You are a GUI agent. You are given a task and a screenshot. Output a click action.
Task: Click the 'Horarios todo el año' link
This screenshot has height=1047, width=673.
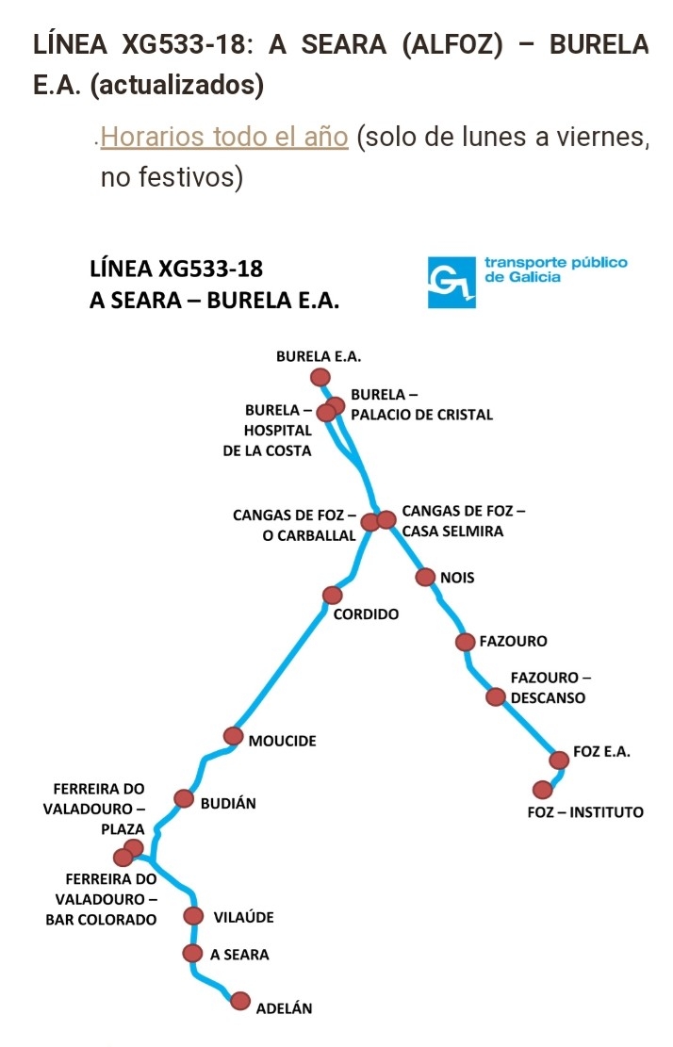click(224, 137)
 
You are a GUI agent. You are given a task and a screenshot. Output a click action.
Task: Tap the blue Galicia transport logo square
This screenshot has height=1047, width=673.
click(451, 282)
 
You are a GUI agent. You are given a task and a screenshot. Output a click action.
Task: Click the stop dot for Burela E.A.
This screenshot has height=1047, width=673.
click(320, 377)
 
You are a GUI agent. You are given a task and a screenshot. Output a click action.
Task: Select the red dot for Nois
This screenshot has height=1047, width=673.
click(425, 577)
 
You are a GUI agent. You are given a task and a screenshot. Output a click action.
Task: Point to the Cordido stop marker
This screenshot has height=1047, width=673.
click(333, 595)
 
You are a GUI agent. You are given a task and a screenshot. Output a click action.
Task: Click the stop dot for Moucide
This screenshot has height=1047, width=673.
click(234, 736)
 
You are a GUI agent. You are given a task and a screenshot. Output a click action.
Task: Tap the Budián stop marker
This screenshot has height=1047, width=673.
click(184, 798)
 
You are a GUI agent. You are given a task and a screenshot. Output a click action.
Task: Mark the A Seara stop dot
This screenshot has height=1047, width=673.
click(192, 953)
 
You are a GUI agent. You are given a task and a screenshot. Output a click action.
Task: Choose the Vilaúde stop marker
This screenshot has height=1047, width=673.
click(193, 915)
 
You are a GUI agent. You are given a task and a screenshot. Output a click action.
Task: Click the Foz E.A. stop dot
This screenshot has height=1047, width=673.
click(560, 760)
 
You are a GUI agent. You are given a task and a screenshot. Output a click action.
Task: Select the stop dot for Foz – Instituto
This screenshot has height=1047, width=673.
click(543, 790)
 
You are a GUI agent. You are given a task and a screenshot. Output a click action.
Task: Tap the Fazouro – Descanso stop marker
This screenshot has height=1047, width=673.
click(496, 697)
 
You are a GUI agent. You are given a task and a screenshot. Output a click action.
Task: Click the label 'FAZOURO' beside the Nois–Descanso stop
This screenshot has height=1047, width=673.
click(513, 642)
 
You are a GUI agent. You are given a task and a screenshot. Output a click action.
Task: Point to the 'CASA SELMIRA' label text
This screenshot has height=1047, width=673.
click(452, 532)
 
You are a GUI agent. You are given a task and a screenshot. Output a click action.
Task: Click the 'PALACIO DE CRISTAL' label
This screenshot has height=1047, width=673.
click(422, 415)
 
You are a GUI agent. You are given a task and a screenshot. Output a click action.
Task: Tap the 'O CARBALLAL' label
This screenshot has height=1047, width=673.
click(309, 535)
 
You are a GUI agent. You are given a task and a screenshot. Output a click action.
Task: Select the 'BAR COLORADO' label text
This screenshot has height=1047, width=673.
click(101, 920)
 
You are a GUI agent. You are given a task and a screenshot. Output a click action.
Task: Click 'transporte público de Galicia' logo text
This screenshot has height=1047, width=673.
click(556, 270)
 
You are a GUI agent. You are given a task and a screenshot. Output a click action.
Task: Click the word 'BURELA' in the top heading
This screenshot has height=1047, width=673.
click(599, 44)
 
